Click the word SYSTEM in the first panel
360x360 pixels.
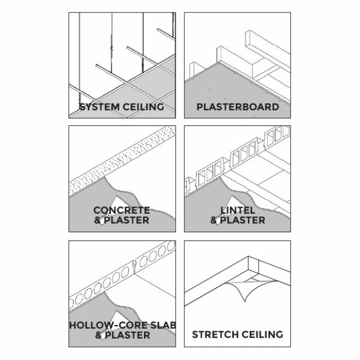pyautogui.click(x=100, y=107)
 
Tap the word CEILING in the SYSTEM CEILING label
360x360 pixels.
pyautogui.click(x=143, y=107)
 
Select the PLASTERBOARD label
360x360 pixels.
pyautogui.click(x=237, y=107)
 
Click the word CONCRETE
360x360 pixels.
pyautogui.click(x=121, y=210)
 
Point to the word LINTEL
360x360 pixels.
pyautogui.click(x=237, y=210)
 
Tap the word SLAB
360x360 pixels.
pyautogui.click(x=163, y=325)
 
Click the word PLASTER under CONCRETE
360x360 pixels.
pyautogui.click(x=127, y=220)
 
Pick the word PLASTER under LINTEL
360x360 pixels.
pyautogui.click(x=242, y=220)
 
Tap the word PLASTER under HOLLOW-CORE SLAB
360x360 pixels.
pyautogui.click(x=128, y=335)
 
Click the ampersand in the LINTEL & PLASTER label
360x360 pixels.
pyautogui.click(x=214, y=220)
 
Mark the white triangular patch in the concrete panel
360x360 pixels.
pyautogui.click(x=118, y=202)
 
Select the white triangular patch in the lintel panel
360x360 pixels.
pyautogui.click(x=233, y=202)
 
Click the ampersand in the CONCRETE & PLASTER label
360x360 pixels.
pyautogui.click(x=97, y=220)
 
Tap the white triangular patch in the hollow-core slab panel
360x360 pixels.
pyautogui.click(x=118, y=317)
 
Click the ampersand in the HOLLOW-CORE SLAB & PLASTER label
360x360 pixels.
pyautogui.click(x=99, y=335)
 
